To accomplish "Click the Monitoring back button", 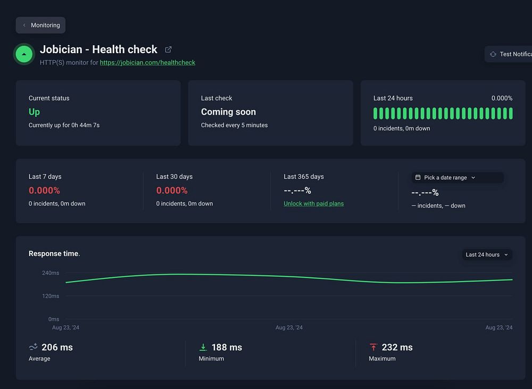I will (x=41, y=25).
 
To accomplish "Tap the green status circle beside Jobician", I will (x=23, y=54).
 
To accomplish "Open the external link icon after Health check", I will (x=168, y=49).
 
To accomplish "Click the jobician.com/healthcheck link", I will (x=147, y=62).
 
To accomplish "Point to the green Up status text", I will (x=34, y=112).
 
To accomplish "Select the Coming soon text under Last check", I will (x=228, y=112).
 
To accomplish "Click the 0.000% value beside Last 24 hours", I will (x=502, y=98).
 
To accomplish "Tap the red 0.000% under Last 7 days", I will (x=44, y=191).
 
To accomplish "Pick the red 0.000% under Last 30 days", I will (x=172, y=191).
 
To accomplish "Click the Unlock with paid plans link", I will (x=313, y=203).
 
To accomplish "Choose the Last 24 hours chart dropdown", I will (x=487, y=254).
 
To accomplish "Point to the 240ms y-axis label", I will (x=51, y=273).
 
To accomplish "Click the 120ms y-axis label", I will (x=51, y=296).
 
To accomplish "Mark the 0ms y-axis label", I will (x=54, y=319).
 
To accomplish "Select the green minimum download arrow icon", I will (x=203, y=347).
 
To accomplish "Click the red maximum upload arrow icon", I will (x=373, y=347).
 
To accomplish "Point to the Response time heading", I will (x=54, y=253).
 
